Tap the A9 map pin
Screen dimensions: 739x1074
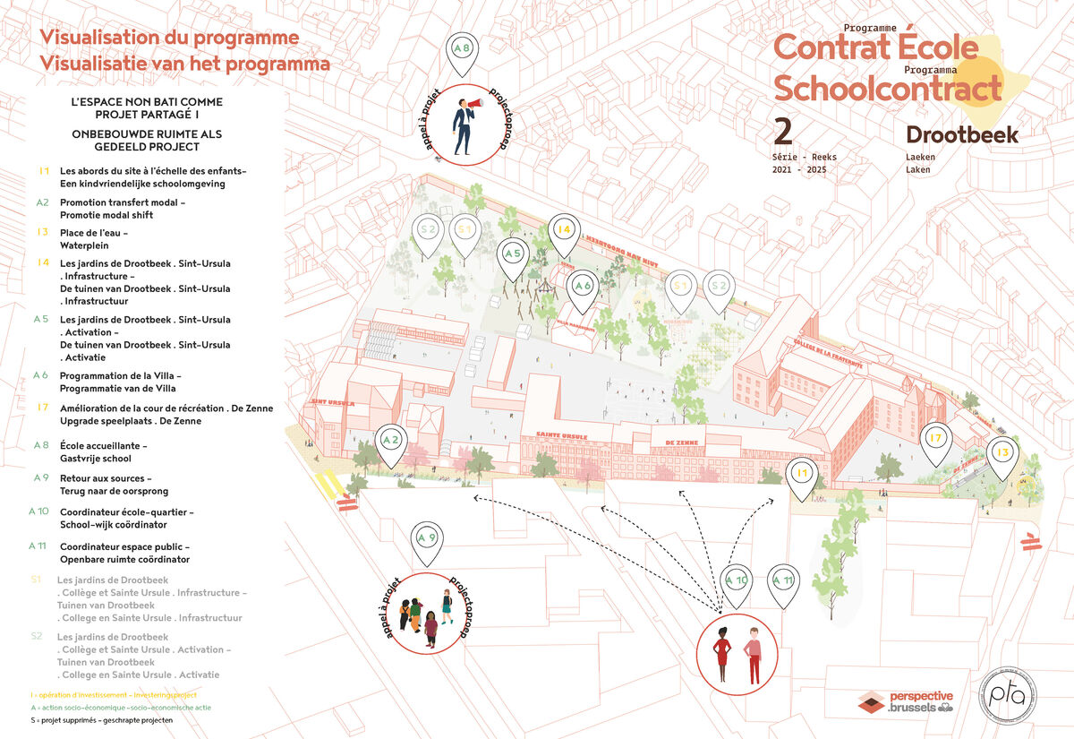pyautogui.click(x=427, y=539)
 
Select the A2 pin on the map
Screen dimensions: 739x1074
pyautogui.click(x=391, y=441)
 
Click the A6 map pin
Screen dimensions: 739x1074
pyautogui.click(x=583, y=287)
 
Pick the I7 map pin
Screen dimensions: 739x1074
pyautogui.click(x=936, y=439)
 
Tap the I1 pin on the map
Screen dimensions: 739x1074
pyautogui.click(x=802, y=473)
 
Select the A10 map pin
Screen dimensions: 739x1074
pyautogui.click(x=737, y=580)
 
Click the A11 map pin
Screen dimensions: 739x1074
pyautogui.click(x=783, y=580)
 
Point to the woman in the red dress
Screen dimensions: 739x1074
pyautogui.click(x=721, y=657)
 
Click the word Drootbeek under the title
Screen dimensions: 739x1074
pyautogui.click(x=962, y=134)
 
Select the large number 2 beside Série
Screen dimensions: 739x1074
pyautogui.click(x=783, y=131)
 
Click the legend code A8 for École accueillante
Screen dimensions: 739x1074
pyautogui.click(x=41, y=445)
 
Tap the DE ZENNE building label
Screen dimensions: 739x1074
pyautogui.click(x=682, y=442)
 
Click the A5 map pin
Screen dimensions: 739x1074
pyautogui.click(x=513, y=254)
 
